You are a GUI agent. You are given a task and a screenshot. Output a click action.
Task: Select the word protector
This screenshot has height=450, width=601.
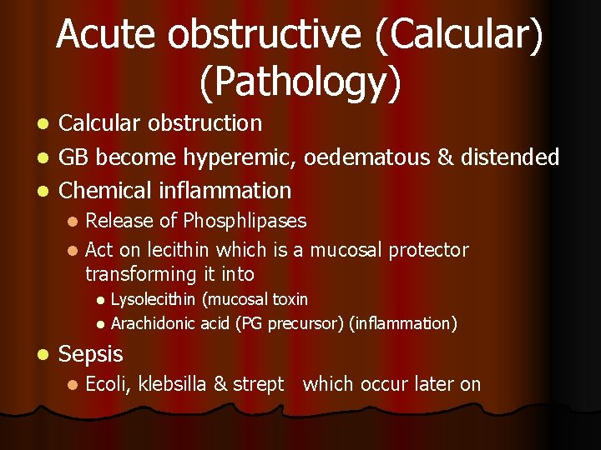(x=428, y=250)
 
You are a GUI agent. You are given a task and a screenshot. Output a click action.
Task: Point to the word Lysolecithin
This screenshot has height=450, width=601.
(x=153, y=299)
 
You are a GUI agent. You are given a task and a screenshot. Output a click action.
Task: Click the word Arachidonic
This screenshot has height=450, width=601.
(x=154, y=323)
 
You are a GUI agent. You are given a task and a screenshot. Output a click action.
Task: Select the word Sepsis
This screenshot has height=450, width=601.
(x=91, y=354)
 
